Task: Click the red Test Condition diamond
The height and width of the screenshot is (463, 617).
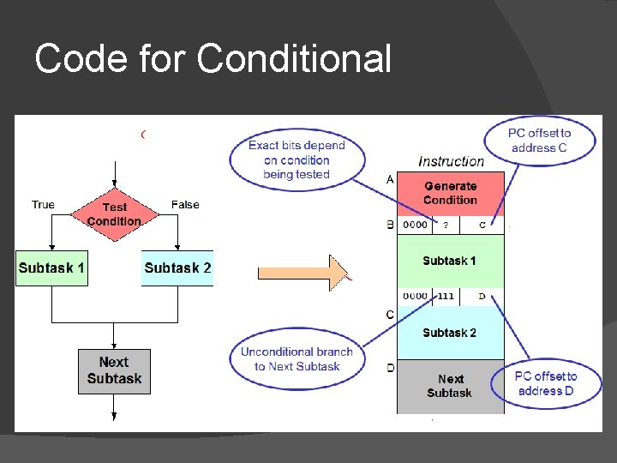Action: pyautogui.click(x=114, y=214)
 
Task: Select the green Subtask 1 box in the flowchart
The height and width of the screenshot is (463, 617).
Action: pyautogui.click(x=51, y=268)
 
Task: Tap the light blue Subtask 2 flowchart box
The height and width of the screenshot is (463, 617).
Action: pyautogui.click(x=177, y=268)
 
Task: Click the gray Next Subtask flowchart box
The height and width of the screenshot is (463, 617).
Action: pyautogui.click(x=114, y=371)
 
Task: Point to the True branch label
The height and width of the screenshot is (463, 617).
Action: pyautogui.click(x=43, y=204)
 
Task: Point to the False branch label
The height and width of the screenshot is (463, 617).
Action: pyautogui.click(x=185, y=204)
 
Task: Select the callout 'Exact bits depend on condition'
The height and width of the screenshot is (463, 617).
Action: pyautogui.click(x=297, y=159)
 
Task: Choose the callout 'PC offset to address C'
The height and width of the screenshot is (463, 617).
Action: pyautogui.click(x=539, y=141)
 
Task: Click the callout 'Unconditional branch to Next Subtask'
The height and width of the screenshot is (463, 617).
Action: pyautogui.click(x=297, y=358)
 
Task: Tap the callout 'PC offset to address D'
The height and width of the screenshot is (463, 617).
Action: pyautogui.click(x=546, y=383)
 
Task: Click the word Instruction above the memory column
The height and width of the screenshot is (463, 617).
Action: pyautogui.click(x=451, y=161)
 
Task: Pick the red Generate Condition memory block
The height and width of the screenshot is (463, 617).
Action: pyautogui.click(x=450, y=193)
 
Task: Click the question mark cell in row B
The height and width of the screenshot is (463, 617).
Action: pyautogui.click(x=446, y=225)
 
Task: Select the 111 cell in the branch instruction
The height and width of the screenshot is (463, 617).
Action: pyautogui.click(x=446, y=296)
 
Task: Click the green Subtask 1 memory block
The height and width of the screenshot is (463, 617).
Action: pyautogui.click(x=450, y=261)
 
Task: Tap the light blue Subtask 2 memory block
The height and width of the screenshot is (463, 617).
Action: pyautogui.click(x=450, y=333)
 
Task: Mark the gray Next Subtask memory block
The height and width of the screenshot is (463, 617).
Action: pyautogui.click(x=450, y=386)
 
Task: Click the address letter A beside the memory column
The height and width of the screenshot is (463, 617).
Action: pyautogui.click(x=391, y=179)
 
